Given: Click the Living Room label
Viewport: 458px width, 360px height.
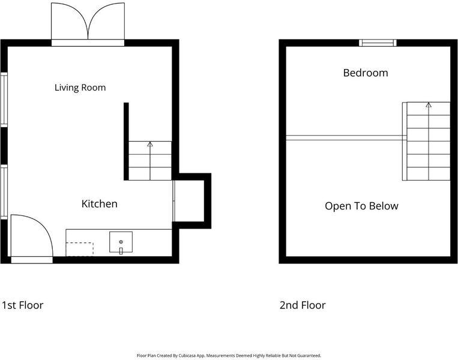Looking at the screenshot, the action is (80, 88).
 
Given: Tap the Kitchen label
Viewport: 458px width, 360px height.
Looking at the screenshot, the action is (99, 204).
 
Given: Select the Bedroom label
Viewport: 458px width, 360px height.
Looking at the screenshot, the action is (366, 73).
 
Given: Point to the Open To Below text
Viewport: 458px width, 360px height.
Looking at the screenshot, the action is (361, 206).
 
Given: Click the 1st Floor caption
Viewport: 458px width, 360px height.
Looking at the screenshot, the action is (22, 305).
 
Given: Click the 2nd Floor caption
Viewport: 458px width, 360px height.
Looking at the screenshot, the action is (303, 305).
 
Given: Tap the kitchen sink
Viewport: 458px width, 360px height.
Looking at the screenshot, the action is (121, 242).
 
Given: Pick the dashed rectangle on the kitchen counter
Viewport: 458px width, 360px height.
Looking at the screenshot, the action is (79, 249).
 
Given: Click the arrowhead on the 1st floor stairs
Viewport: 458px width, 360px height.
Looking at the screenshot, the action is (150, 144).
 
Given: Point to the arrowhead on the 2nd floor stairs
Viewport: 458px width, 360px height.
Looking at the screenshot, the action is (429, 105).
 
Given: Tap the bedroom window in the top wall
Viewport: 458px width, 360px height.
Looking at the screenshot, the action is (378, 43).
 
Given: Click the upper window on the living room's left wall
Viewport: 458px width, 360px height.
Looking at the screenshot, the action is (4, 100).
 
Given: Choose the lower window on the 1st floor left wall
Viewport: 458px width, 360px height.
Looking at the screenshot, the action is (4, 192).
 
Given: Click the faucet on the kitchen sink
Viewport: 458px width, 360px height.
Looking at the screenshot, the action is (121, 251).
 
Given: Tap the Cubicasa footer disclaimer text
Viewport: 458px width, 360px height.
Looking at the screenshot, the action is (229, 356).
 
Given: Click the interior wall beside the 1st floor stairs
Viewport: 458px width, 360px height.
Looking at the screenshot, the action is (126, 142).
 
